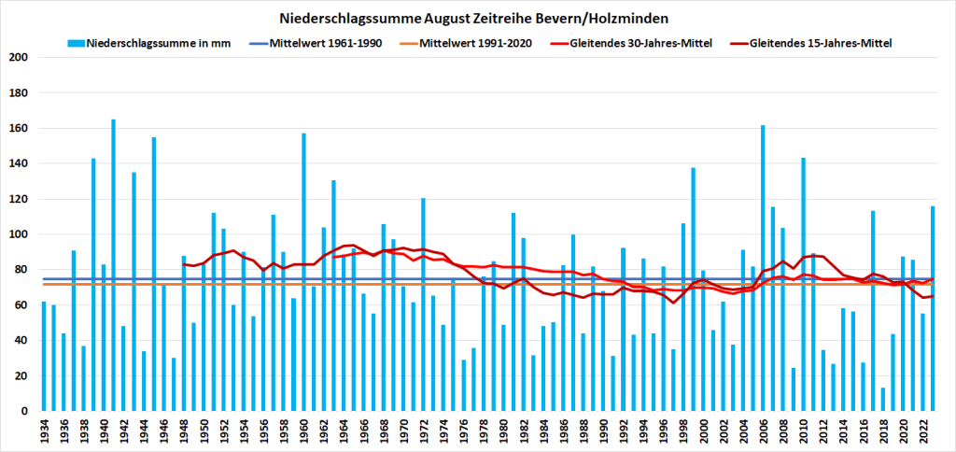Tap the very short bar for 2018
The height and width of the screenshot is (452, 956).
click(883, 400)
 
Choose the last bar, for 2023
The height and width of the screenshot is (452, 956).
click(933, 309)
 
